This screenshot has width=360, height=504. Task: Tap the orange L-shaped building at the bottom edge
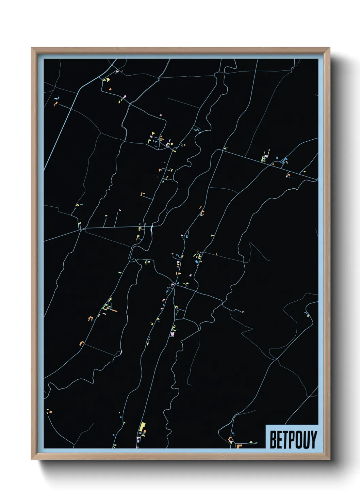(239, 446)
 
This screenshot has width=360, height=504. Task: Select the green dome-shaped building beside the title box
(251, 442)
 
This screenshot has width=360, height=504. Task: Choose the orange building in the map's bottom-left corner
(50, 412)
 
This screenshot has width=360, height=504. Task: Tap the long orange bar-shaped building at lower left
(115, 311)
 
